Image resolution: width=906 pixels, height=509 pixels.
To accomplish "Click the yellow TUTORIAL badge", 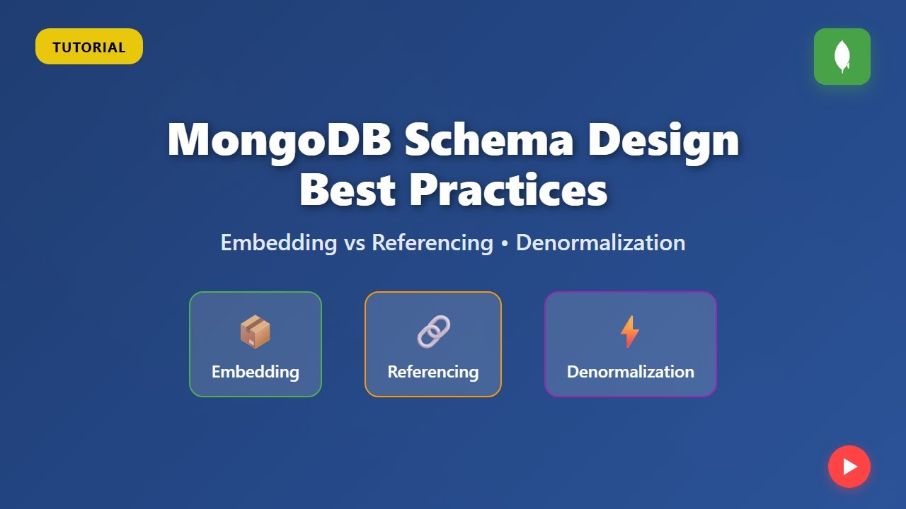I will (x=89, y=47).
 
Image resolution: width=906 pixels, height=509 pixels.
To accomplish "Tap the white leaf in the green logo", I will (x=842, y=57).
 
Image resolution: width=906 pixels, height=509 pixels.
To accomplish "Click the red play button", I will (x=849, y=467).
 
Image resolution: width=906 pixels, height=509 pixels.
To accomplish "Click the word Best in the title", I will (x=347, y=189).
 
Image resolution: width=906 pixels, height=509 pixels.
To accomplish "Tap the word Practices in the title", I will (x=508, y=189).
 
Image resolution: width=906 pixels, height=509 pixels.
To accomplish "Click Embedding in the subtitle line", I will (x=278, y=242).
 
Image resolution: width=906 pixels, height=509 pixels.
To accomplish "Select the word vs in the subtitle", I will (x=354, y=242).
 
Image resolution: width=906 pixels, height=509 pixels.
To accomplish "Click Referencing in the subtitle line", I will (x=432, y=242).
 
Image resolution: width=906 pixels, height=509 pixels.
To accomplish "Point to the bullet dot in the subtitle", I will (x=505, y=243).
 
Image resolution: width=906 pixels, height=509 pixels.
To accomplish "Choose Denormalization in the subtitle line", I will (x=600, y=242).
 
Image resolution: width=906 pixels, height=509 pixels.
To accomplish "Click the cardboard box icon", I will (x=255, y=332).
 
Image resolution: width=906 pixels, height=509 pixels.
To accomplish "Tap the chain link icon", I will (x=433, y=332).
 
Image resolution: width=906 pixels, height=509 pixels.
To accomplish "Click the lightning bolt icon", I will (x=629, y=332).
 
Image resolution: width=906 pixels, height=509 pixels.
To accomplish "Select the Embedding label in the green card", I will (x=255, y=371).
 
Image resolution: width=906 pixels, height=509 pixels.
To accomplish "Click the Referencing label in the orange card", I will (x=433, y=371).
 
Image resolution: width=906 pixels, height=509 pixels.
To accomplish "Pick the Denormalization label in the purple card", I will (x=630, y=371).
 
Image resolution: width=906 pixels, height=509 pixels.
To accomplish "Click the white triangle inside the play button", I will (x=850, y=467).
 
